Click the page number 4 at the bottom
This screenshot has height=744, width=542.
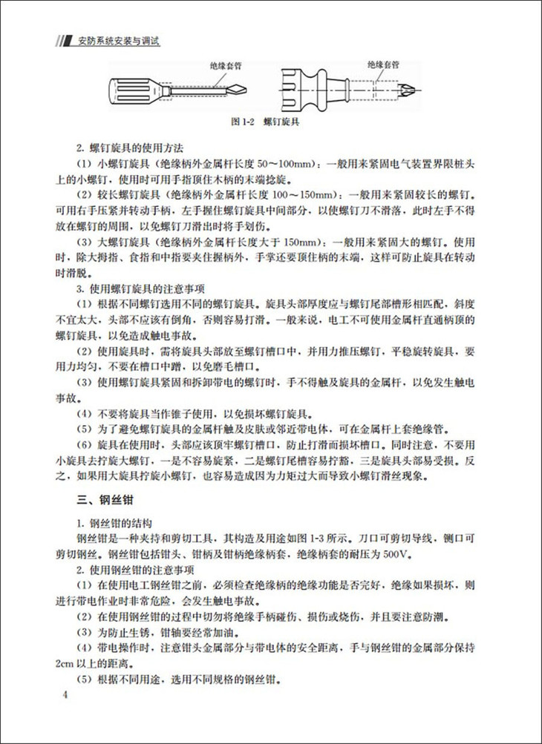[x=66, y=695]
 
